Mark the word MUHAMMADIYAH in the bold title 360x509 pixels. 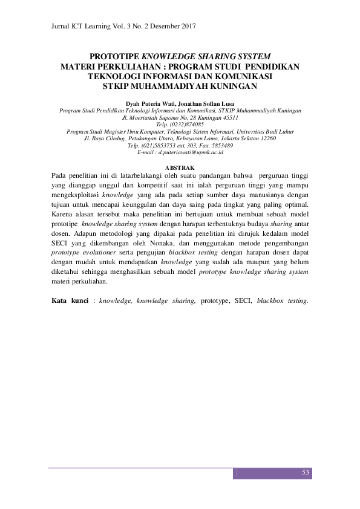click(175, 85)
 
